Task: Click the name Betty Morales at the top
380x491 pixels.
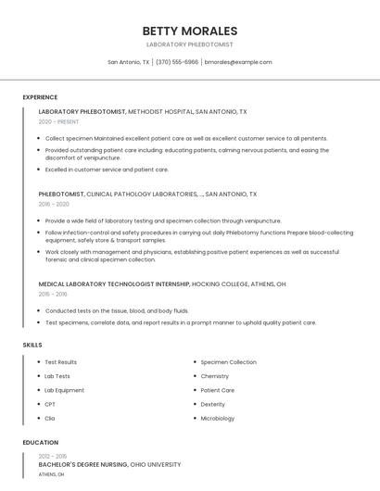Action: [190, 31]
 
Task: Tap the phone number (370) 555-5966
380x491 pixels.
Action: [177, 62]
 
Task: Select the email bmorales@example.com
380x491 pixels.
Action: [238, 62]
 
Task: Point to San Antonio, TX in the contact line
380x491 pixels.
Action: [128, 62]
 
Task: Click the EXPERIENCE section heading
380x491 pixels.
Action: [40, 97]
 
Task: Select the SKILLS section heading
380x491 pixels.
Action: [32, 345]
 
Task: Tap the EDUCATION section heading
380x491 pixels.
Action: [41, 443]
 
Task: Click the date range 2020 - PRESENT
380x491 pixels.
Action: [59, 121]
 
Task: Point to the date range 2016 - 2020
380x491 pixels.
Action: [54, 204]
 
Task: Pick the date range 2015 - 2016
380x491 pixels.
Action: [53, 294]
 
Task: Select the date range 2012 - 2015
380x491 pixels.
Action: [53, 457]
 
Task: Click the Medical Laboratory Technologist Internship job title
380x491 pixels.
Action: [114, 283]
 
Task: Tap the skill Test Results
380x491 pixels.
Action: [61, 362]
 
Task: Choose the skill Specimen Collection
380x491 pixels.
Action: [228, 362]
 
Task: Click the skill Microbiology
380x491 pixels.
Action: [218, 418]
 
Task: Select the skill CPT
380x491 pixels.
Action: [50, 404]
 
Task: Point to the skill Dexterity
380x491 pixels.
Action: [212, 404]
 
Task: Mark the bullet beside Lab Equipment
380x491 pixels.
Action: [38, 390]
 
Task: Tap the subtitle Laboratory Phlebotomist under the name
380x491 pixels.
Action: [190, 44]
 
